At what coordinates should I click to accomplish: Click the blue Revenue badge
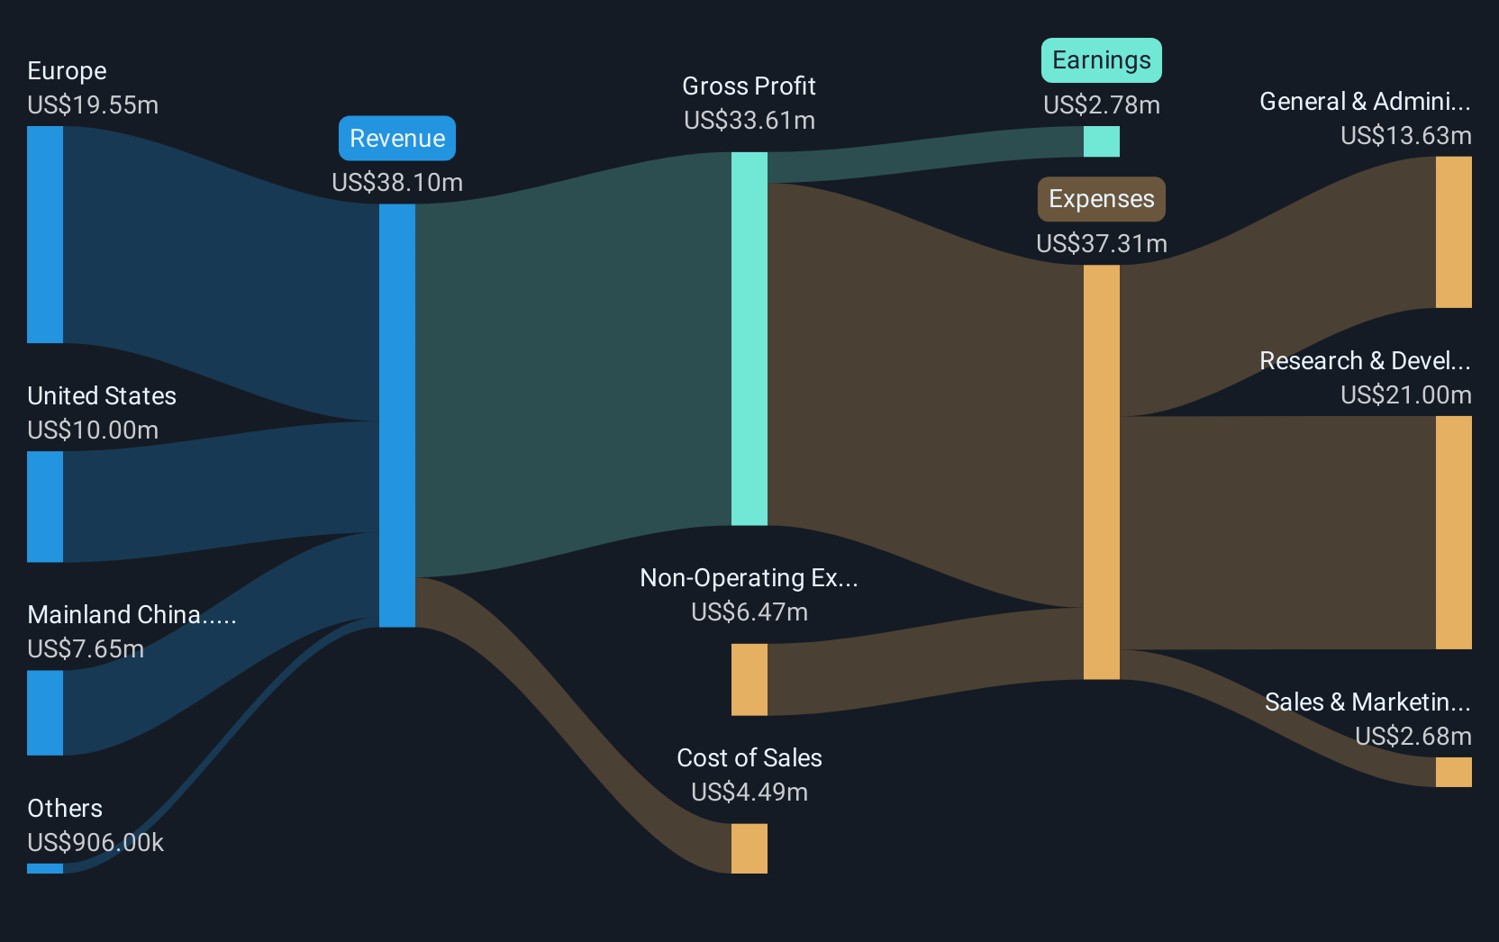coord(397,138)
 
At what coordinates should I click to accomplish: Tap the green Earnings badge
coord(1102,60)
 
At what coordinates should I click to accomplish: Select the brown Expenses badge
coord(1102,199)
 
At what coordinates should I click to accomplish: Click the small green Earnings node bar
coord(1102,141)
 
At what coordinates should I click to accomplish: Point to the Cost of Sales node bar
coord(749,848)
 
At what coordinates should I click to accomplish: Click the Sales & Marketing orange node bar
coord(1453,772)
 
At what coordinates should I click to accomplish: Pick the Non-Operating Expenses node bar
coord(749,680)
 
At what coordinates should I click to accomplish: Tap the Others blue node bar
coord(45,868)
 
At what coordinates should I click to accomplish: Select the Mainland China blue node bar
coord(45,712)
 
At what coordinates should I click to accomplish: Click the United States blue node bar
coord(45,506)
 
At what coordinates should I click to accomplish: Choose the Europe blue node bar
coord(45,234)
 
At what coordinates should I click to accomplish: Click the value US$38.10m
coord(397,182)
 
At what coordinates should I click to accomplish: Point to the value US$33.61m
coord(749,121)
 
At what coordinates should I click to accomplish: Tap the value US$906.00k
coord(95,842)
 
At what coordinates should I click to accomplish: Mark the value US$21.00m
coord(1406,394)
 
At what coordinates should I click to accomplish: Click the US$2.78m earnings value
coord(1102,105)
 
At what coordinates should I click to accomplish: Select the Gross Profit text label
coord(749,86)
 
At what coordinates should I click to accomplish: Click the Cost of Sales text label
coord(749,757)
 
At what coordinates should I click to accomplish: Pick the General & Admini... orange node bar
coord(1453,232)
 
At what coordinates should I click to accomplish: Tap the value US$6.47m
coord(749,611)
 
